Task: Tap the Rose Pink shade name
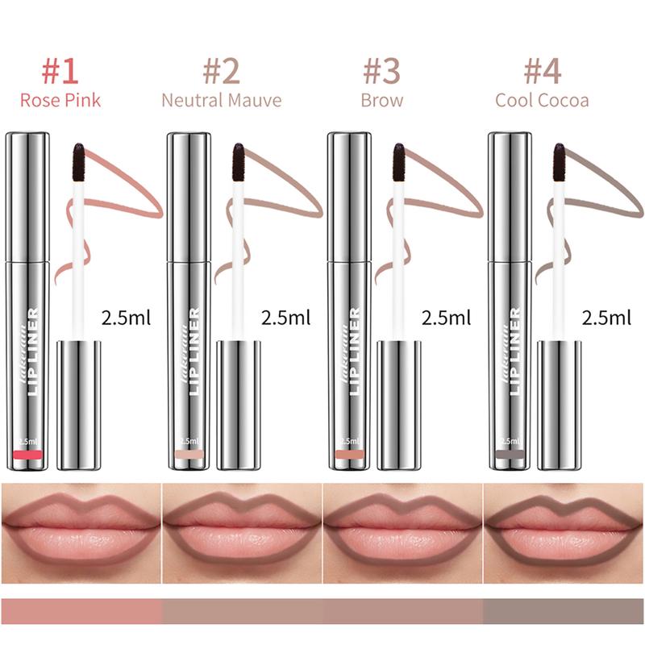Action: click(60, 101)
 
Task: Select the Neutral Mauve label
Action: click(221, 101)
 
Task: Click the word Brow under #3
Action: click(382, 101)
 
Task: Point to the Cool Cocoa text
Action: click(542, 101)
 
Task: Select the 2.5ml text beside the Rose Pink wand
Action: click(127, 317)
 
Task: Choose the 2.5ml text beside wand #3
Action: click(447, 317)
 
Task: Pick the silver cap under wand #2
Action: click(239, 403)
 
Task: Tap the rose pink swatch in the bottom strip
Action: click(81, 610)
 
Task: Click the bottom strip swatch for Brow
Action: click(403, 610)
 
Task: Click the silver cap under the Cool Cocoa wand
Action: click(559, 403)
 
